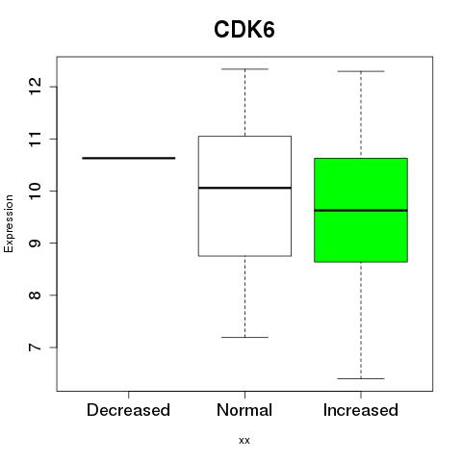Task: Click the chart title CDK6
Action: tap(244, 30)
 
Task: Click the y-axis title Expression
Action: tap(9, 223)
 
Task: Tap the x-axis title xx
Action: tap(244, 440)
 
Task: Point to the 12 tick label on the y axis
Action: tap(36, 87)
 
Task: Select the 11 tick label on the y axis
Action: tap(36, 139)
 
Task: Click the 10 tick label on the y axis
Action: tap(36, 191)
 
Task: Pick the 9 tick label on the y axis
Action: tap(36, 244)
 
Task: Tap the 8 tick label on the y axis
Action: tap(36, 295)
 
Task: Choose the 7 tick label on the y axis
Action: tap(36, 347)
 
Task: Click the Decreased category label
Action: tap(128, 410)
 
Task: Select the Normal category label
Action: tap(244, 410)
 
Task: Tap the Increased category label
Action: tap(361, 410)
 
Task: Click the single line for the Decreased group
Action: tap(129, 158)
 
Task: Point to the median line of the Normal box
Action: tap(244, 188)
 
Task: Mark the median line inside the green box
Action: tap(361, 211)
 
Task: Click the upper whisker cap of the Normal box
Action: tap(244, 69)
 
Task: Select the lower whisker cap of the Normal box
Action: tap(244, 337)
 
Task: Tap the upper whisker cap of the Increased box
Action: tap(361, 71)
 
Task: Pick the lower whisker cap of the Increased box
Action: tap(361, 378)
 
